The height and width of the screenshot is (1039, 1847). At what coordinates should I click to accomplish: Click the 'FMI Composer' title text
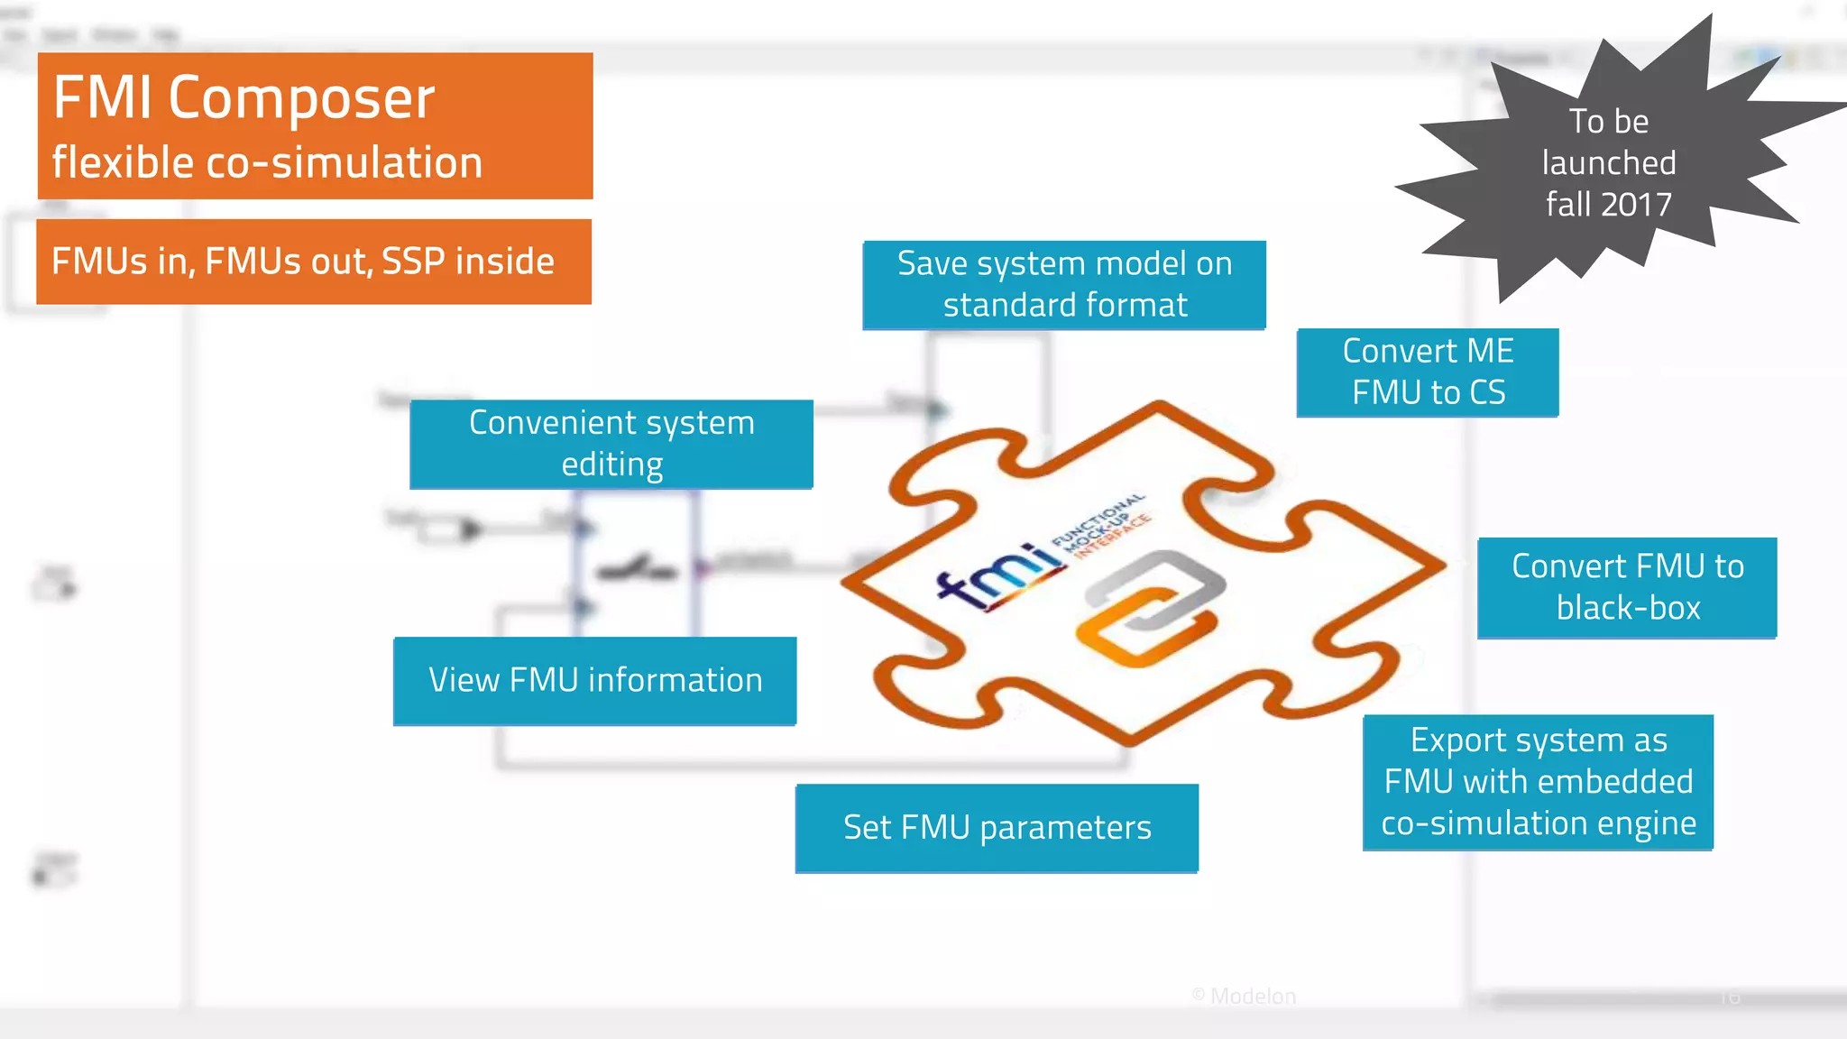coord(244,97)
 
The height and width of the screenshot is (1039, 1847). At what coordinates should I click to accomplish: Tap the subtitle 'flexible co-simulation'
coord(267,163)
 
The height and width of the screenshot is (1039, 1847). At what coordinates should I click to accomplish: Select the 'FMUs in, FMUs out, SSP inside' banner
coord(313,262)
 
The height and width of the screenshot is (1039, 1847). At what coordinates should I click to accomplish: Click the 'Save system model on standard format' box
coord(1064,285)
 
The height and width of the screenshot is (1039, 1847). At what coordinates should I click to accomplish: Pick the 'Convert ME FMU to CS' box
coord(1428,372)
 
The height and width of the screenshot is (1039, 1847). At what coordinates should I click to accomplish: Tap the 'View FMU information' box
coord(595,681)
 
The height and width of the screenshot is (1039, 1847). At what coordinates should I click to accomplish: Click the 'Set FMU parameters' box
coord(997,828)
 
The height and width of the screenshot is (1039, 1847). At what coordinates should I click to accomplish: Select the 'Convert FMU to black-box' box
coord(1627,588)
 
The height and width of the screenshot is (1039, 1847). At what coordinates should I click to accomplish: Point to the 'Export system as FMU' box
coord(1538,782)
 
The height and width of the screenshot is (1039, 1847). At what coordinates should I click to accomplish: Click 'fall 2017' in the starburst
coord(1609,205)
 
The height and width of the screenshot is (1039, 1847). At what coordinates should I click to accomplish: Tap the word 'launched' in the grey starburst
coord(1609,163)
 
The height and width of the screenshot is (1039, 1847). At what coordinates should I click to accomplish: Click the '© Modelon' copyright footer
coord(1244,996)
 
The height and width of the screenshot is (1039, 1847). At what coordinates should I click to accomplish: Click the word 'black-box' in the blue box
coord(1628,609)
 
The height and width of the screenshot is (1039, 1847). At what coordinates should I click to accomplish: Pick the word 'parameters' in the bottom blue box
coord(1066,828)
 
